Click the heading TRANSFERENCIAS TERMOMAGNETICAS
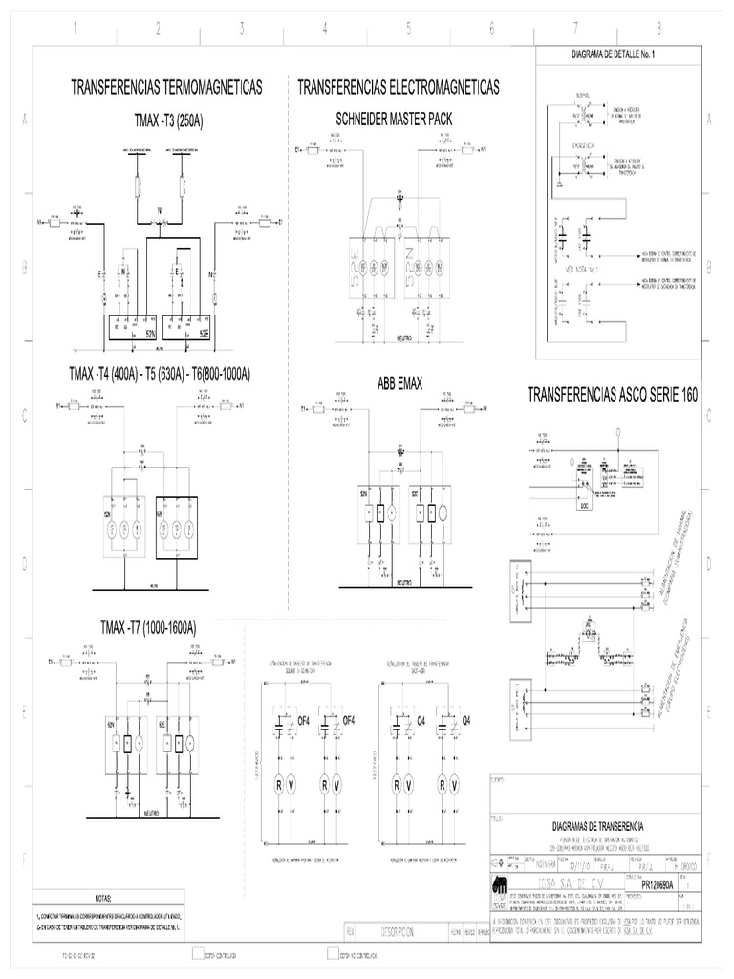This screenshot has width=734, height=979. click(167, 88)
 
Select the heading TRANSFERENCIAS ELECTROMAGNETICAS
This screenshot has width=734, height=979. click(399, 88)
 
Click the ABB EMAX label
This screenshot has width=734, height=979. click(399, 382)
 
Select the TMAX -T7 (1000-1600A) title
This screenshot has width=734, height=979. click(148, 628)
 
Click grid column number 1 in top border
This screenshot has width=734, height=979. click(74, 29)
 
